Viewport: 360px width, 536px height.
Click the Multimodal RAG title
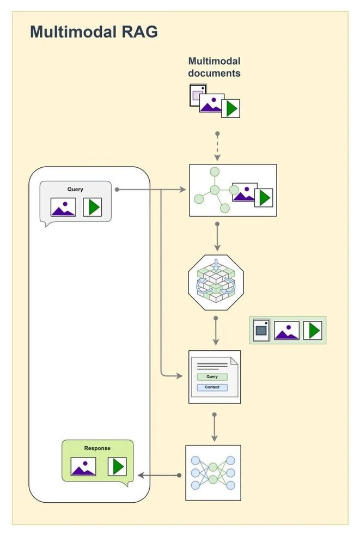coord(94,32)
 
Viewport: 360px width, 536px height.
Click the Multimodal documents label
coord(215,67)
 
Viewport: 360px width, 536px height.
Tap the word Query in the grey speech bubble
coord(75,189)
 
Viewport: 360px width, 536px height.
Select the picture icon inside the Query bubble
coord(63,207)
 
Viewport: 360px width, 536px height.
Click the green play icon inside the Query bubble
coord(93,207)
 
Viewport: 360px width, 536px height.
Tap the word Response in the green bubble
coord(97,448)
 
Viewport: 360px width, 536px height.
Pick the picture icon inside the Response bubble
coord(83,467)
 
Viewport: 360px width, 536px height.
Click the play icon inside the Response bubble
coord(117,467)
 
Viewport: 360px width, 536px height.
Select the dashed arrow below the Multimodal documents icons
coord(217,147)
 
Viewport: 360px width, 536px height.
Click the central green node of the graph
coord(215,190)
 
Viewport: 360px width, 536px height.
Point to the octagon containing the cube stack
coord(216,283)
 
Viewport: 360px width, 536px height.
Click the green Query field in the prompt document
coord(212,377)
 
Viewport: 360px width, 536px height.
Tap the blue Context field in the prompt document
coord(212,387)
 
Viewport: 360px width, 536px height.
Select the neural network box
coord(213,473)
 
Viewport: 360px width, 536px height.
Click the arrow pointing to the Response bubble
coord(160,475)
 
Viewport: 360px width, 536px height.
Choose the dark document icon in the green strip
coord(262,330)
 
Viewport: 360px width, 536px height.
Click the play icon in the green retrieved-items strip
coord(313,330)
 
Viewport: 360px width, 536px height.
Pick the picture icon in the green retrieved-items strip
coord(287,330)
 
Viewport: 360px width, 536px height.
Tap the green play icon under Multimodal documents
coord(231,109)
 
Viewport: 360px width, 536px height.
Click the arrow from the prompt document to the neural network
coord(215,427)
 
